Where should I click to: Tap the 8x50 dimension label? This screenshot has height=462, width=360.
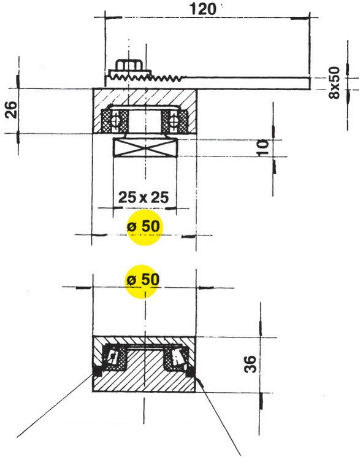coord(335,80)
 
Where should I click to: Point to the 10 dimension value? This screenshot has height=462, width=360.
coord(262,148)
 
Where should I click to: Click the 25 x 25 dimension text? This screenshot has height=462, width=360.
coord(144,198)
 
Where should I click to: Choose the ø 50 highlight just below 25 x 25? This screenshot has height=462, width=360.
coord(143,226)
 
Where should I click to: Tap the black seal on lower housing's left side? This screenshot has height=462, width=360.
coord(96,371)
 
